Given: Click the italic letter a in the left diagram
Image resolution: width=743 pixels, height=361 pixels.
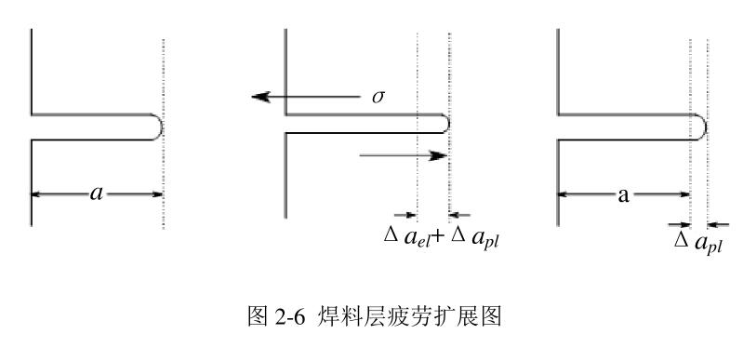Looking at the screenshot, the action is [96, 194].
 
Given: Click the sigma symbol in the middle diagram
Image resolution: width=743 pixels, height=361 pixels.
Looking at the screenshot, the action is [378, 97].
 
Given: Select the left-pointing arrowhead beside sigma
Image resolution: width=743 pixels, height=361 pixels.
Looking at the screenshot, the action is [260, 97].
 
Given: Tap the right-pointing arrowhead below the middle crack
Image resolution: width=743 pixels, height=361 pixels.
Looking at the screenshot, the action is [438, 155].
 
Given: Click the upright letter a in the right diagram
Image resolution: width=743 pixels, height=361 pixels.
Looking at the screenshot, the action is [624, 195].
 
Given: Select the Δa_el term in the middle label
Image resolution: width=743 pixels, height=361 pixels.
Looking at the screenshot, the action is [407, 236].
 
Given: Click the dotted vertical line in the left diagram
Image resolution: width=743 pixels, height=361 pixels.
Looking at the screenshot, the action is [164, 134].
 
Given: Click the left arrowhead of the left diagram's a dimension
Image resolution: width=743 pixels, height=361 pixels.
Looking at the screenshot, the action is [36, 194].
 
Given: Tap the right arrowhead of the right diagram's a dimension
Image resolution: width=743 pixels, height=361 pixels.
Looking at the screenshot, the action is [684, 194].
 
